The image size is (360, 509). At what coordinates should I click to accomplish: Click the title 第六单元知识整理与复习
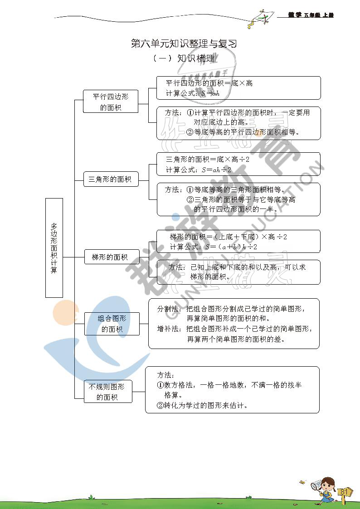click(x=184, y=44)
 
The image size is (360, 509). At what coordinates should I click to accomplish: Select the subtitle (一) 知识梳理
click(x=184, y=58)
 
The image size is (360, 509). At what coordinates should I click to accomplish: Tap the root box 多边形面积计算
click(x=54, y=247)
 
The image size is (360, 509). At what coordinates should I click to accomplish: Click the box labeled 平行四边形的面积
click(x=111, y=102)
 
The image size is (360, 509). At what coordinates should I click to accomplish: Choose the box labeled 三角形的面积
click(x=110, y=179)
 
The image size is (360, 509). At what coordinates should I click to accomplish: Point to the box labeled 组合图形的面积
click(x=112, y=324)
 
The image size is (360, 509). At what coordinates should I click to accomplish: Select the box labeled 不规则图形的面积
click(x=107, y=392)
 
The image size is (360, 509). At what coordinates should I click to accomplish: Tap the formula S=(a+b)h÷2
click(x=231, y=247)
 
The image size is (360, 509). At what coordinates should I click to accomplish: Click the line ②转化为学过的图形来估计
click(x=202, y=406)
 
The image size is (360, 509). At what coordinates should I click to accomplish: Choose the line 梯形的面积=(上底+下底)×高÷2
click(x=229, y=237)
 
